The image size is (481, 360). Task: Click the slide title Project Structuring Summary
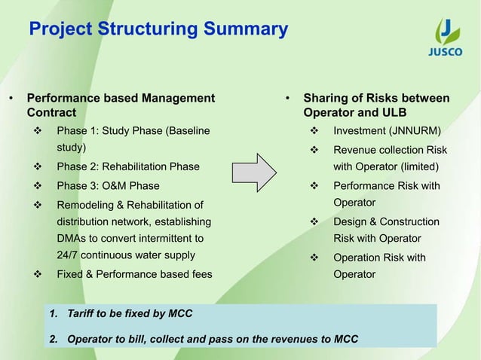[x=158, y=30]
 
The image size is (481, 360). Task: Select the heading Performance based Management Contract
[x=121, y=105]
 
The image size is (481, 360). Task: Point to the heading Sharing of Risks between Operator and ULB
[x=375, y=105]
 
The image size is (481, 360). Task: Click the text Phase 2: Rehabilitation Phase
[x=128, y=166]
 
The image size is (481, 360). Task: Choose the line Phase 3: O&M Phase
[x=108, y=185]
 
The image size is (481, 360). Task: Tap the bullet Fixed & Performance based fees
[x=134, y=274]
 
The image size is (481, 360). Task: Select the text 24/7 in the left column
[x=70, y=255]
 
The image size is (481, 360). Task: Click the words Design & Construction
[x=386, y=221]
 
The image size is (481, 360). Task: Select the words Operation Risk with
[x=379, y=258]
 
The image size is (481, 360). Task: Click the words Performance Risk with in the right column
[x=386, y=185]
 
